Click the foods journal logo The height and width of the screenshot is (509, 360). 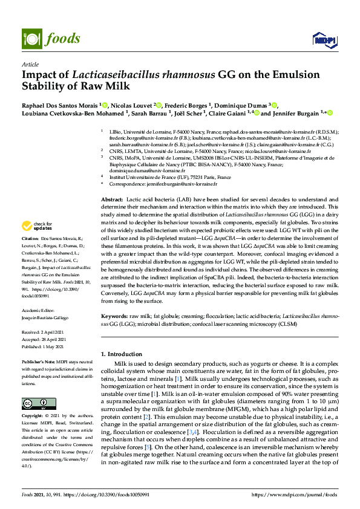pos(45,39)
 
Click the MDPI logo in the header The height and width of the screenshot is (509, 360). pos(320,41)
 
